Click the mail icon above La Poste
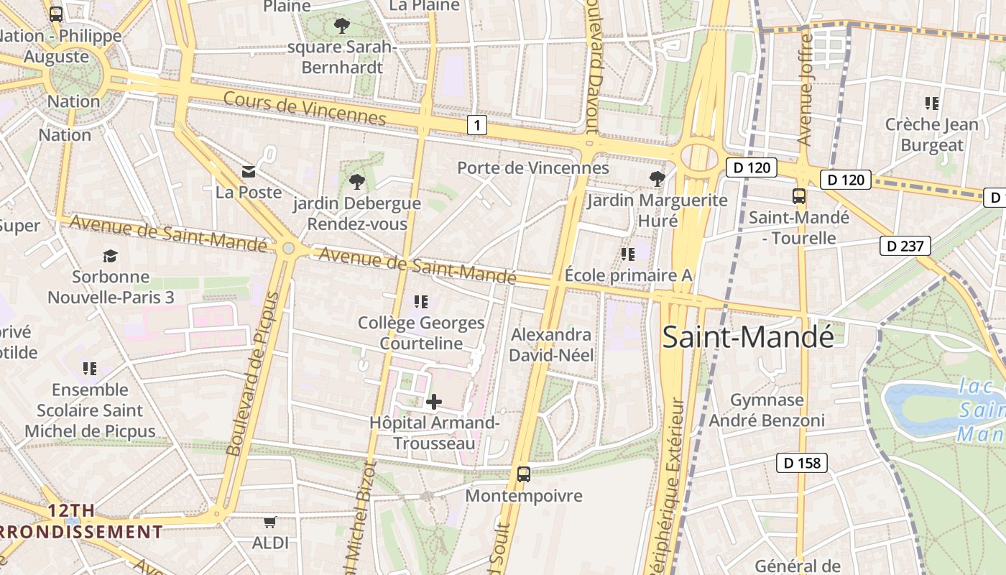(249, 171)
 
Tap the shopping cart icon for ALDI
(270, 522)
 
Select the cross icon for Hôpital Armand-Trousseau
(434, 402)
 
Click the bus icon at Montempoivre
(524, 474)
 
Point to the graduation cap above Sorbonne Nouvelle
(110, 256)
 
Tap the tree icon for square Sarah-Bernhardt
(341, 27)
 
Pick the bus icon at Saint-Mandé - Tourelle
(798, 196)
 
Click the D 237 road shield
(905, 247)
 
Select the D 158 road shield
(802, 463)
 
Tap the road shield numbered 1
(477, 126)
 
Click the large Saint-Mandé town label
(747, 337)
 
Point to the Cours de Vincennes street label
(305, 108)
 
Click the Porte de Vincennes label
(533, 168)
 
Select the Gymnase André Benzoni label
(767, 410)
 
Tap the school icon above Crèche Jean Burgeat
(932, 103)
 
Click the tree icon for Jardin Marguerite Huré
(657, 178)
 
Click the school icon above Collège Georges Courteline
(421, 302)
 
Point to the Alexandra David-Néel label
(551, 345)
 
